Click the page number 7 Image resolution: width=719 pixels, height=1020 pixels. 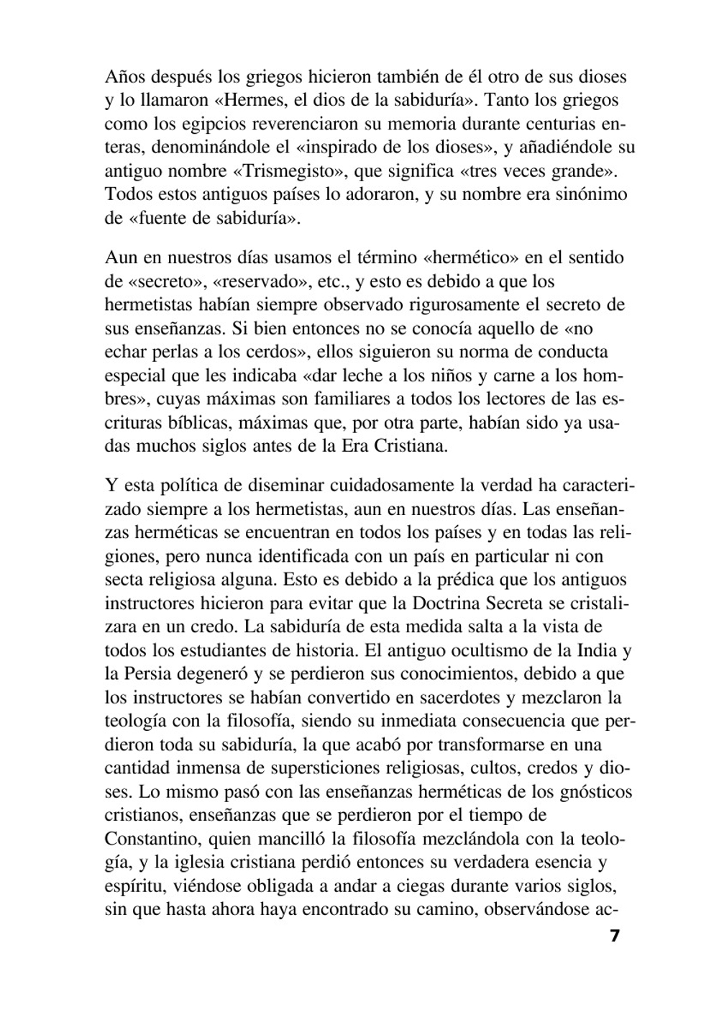tap(614, 936)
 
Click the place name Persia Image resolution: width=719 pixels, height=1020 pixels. tap(148, 675)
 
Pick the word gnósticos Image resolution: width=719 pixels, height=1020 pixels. tap(592, 792)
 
